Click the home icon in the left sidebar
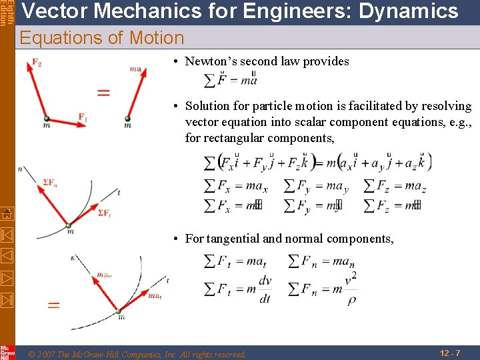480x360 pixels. (7, 214)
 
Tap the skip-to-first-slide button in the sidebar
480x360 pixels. (7, 235)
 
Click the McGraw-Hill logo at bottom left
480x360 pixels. (7, 353)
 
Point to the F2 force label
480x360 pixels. (36, 63)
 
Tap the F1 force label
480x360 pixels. (83, 118)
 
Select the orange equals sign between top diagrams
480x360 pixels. (103, 92)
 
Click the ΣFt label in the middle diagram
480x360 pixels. (104, 213)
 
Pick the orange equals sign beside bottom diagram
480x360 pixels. (53, 305)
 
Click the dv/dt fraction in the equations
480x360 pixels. (265, 289)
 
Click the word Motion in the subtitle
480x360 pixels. (158, 38)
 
